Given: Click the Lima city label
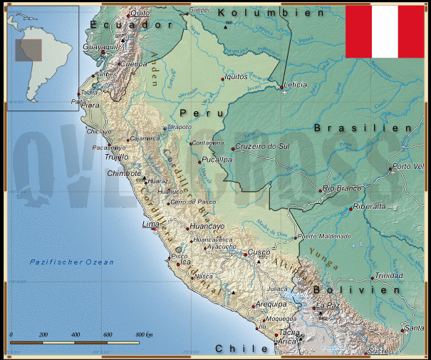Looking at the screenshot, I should (x=150, y=225).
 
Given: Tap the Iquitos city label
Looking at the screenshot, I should (x=236, y=76).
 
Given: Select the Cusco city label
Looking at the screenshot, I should (x=259, y=253).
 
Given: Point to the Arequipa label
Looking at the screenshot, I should (x=271, y=304).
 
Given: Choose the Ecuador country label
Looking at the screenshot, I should (x=133, y=25).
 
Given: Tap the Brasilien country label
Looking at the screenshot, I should (x=363, y=128).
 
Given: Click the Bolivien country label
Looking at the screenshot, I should (x=356, y=290).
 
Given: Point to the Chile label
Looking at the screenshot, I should (x=234, y=349).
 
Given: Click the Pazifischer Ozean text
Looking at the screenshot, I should (x=71, y=262).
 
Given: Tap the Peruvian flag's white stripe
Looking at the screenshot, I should (x=385, y=31).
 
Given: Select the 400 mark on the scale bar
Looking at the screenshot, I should (x=75, y=334).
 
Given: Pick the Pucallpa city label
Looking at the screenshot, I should (x=217, y=160).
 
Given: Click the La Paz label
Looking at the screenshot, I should (x=328, y=305).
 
